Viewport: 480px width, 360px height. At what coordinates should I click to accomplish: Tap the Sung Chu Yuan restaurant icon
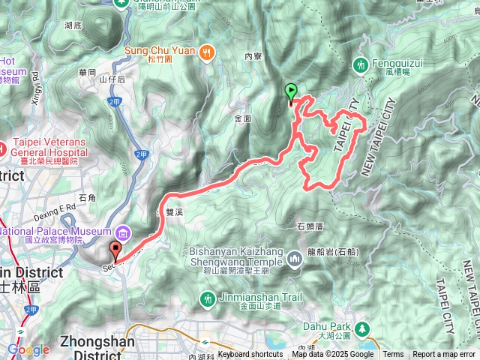pos(207,52)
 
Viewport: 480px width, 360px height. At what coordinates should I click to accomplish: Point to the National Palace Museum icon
pos(122,231)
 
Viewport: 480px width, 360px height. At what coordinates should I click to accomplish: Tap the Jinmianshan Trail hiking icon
pos(208,298)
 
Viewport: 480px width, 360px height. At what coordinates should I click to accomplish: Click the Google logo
pos(28,349)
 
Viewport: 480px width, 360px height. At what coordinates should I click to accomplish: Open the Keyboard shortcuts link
pos(250,355)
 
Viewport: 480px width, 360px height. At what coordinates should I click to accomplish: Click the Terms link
pos(393,355)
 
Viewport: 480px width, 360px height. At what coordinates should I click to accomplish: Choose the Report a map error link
pos(444,355)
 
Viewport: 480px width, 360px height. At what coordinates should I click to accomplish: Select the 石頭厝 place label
pos(310,225)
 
